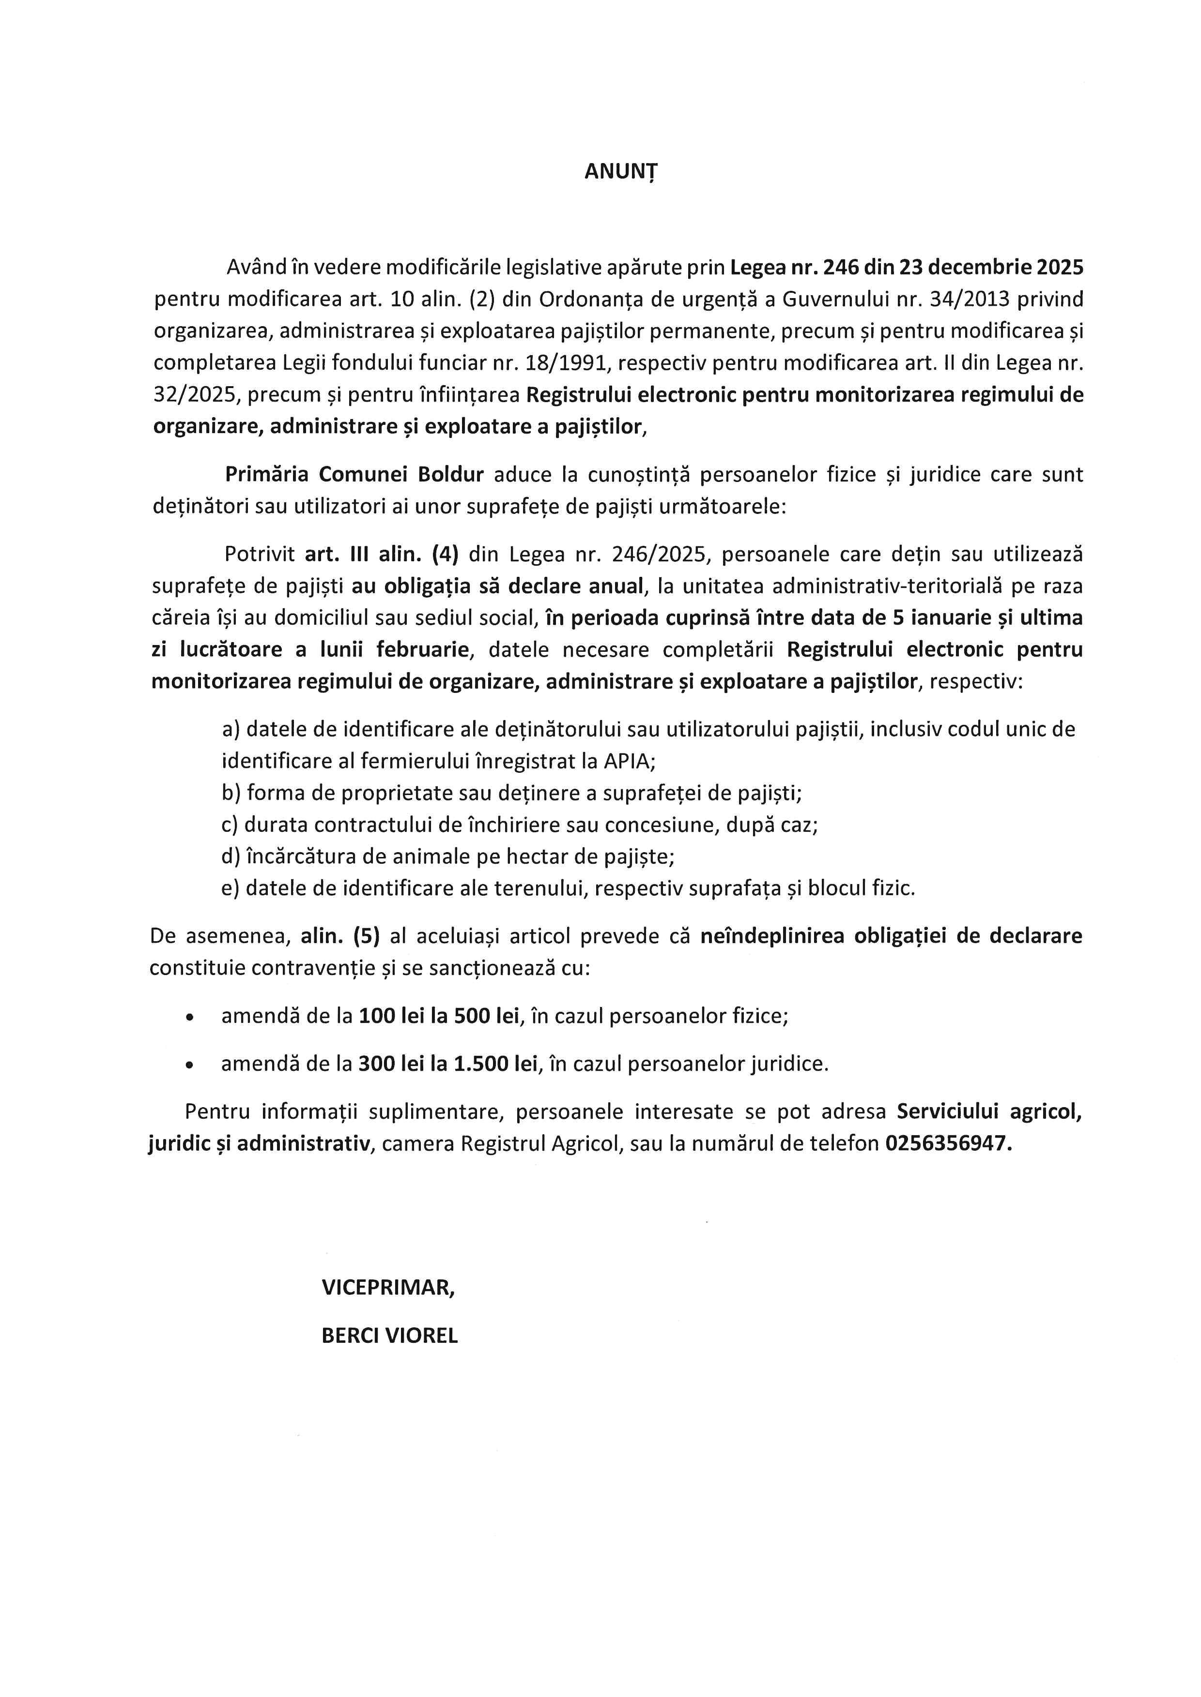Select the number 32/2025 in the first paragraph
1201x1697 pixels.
(x=195, y=395)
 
